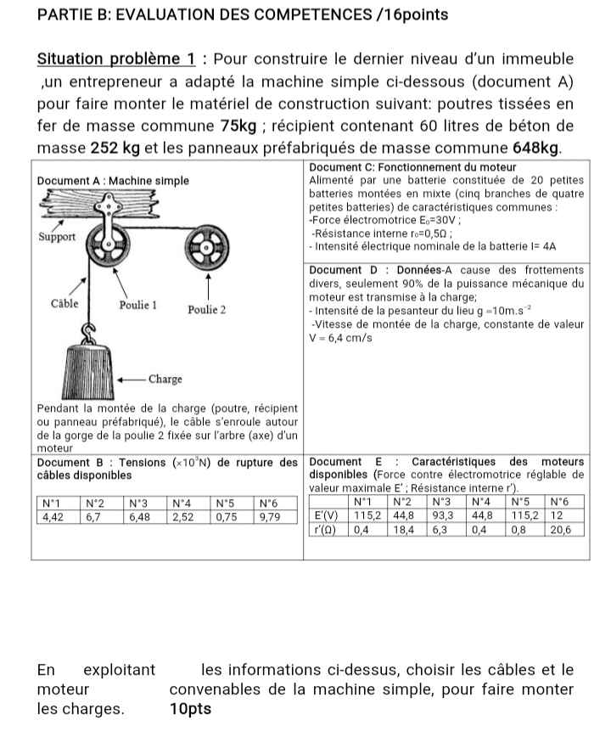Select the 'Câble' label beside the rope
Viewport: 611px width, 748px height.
point(65,303)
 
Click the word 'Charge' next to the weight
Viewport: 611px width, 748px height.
point(165,378)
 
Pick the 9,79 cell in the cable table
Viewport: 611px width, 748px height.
point(271,515)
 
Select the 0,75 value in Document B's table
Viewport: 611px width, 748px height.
point(227,515)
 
